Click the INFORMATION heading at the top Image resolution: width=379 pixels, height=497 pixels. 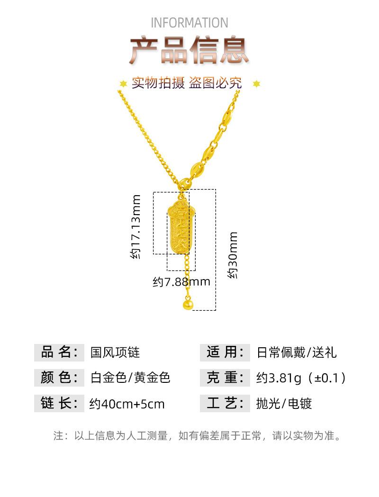pyautogui.click(x=189, y=23)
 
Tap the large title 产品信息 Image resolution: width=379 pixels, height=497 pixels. pyautogui.click(x=189, y=50)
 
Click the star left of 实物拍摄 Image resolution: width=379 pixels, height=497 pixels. pyautogui.click(x=123, y=84)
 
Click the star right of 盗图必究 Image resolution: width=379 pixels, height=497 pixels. pyautogui.click(x=256, y=84)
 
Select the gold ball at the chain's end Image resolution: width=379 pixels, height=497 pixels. pyautogui.click(x=188, y=305)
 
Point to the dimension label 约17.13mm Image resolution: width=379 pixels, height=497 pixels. pyautogui.click(x=135, y=226)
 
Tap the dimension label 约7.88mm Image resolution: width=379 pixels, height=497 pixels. pyautogui.click(x=181, y=281)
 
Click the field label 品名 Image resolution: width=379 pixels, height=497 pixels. pyautogui.click(x=59, y=352)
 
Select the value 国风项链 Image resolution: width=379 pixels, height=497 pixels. pyautogui.click(x=115, y=352)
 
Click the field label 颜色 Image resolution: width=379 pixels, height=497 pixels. pyautogui.click(x=59, y=378)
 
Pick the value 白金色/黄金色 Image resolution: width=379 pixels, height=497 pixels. pyautogui.click(x=130, y=378)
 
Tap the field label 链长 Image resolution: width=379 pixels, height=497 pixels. pyautogui.click(x=59, y=403)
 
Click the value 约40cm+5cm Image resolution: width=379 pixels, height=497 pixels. pyautogui.click(x=127, y=404)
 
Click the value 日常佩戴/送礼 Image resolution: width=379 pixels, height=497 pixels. pyautogui.click(x=297, y=352)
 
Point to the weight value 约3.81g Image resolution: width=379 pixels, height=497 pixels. pyautogui.click(x=279, y=378)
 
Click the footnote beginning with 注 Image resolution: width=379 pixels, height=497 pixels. pyautogui.click(x=198, y=435)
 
